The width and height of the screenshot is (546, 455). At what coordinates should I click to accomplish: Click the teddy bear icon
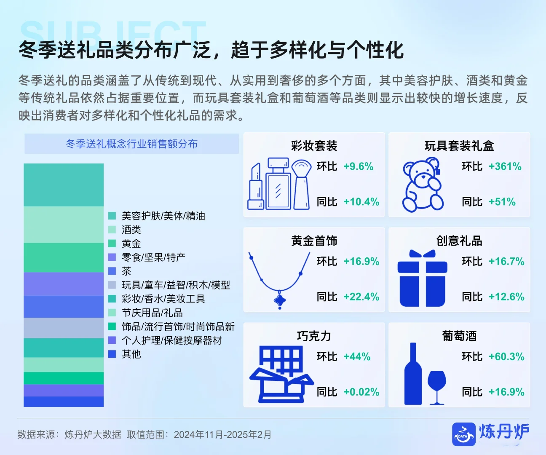click(x=422, y=185)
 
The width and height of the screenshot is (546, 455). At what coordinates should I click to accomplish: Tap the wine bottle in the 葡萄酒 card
click(x=413, y=375)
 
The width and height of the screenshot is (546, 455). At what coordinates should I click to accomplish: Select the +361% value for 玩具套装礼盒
click(x=505, y=166)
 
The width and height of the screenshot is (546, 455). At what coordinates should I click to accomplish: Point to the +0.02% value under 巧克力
click(x=361, y=392)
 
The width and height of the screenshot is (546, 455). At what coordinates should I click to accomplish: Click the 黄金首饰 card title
click(x=314, y=241)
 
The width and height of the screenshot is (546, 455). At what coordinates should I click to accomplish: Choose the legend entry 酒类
click(x=131, y=230)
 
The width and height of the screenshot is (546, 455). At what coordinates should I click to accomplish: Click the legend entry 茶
click(x=126, y=271)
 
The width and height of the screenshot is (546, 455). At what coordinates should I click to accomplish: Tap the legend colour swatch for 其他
click(x=112, y=354)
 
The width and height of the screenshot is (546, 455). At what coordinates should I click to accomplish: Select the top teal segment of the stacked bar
click(x=64, y=185)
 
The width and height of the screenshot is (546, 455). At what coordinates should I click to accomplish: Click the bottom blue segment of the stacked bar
click(x=64, y=401)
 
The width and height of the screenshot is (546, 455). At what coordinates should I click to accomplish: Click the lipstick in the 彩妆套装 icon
click(x=256, y=187)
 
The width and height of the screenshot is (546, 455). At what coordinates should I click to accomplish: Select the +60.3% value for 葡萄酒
click(x=506, y=356)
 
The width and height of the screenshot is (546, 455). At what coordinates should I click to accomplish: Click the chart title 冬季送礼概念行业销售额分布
click(x=131, y=144)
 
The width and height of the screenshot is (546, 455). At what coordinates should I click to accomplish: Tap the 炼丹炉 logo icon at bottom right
click(x=463, y=434)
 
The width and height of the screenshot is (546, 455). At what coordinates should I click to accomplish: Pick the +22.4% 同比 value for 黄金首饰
click(x=361, y=297)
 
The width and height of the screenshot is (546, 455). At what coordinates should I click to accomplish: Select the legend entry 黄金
click(x=131, y=244)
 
